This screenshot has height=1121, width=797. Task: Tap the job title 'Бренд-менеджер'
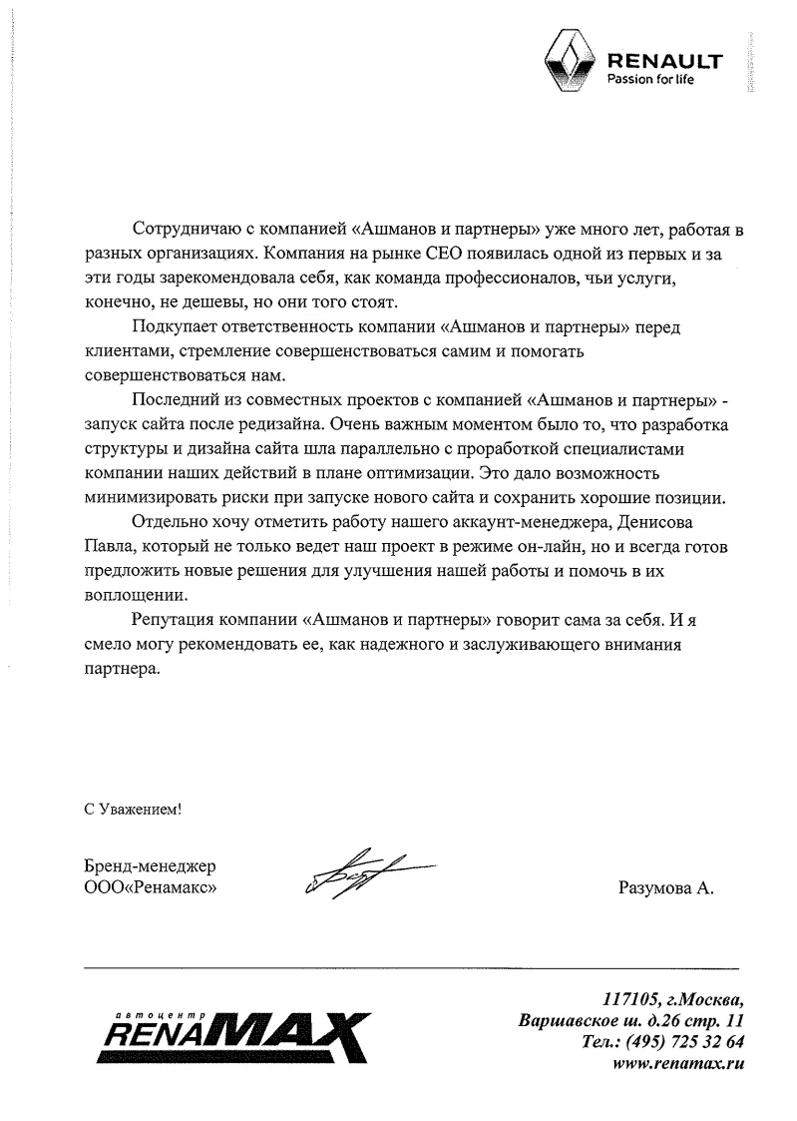point(150,865)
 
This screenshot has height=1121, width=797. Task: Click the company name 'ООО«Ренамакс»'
point(151,886)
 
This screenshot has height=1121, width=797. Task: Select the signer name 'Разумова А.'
point(667,887)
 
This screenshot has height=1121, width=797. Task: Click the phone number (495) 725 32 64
point(688,1042)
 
